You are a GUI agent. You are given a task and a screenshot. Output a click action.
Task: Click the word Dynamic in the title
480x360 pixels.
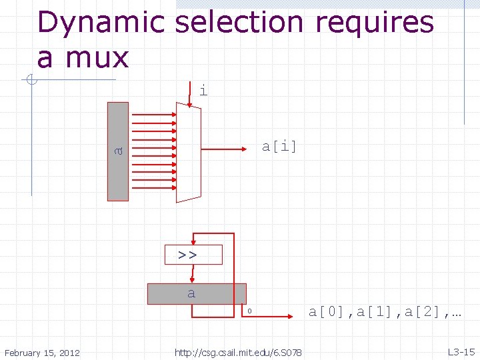(101, 23)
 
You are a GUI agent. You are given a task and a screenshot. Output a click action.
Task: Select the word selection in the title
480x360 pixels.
(241, 23)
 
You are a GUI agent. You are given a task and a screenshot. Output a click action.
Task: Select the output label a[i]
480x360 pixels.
(279, 146)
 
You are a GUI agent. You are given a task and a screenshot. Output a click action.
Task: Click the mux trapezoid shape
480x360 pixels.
(188, 153)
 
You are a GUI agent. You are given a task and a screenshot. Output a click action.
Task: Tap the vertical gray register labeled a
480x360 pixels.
(118, 151)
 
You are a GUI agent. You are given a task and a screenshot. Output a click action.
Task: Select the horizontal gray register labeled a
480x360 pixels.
(197, 294)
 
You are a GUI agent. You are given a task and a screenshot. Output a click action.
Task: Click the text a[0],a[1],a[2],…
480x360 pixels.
(385, 311)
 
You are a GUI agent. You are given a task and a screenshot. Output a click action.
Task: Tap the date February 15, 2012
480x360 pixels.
(41, 352)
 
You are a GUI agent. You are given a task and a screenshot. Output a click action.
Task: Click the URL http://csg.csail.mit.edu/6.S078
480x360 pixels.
(238, 352)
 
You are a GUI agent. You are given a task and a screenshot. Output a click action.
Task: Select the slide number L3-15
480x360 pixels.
(461, 351)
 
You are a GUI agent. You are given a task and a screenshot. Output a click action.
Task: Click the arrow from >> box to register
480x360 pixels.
(193, 273)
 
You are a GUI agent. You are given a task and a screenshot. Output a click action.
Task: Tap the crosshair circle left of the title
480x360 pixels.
(31, 81)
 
